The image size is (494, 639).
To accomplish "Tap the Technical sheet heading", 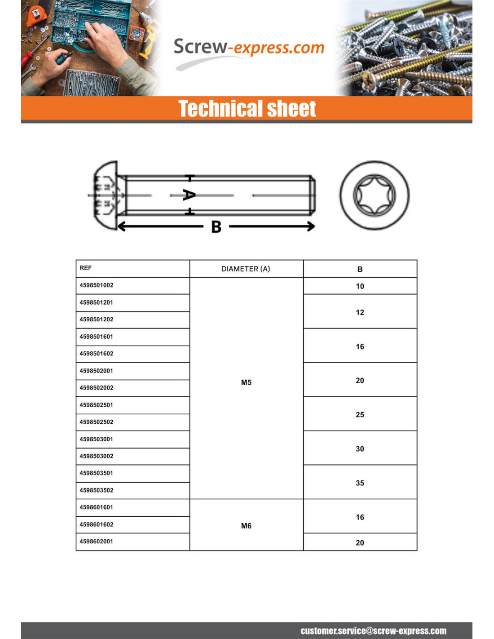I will pyautogui.click(x=247, y=109).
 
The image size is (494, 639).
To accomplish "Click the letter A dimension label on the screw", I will pyautogui.click(x=189, y=195).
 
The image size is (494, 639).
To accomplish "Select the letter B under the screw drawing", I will pyautogui.click(x=216, y=227).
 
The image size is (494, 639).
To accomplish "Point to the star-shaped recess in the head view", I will pyautogui.click(x=374, y=195).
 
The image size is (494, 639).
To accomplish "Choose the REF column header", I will pyautogui.click(x=86, y=268).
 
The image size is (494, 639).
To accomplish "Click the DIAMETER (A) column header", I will pyautogui.click(x=246, y=269).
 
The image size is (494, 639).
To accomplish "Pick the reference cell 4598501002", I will pyautogui.click(x=97, y=285).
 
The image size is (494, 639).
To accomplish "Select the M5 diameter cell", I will pyautogui.click(x=246, y=382).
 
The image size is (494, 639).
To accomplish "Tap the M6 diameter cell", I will pyautogui.click(x=246, y=526).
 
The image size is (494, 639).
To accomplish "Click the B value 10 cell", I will pyautogui.click(x=360, y=286).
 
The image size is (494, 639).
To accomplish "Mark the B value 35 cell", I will pyautogui.click(x=360, y=483).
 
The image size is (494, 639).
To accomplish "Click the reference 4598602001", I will pyautogui.click(x=97, y=541).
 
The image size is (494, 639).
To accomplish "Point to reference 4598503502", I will pyautogui.click(x=97, y=490).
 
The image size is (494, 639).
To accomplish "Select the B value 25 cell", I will pyautogui.click(x=360, y=415).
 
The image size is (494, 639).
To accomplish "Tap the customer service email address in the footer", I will pyautogui.click(x=373, y=631).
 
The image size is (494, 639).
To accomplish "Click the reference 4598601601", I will pyautogui.click(x=97, y=507).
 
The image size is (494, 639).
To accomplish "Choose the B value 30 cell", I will pyautogui.click(x=360, y=449).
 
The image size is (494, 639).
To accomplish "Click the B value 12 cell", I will pyautogui.click(x=360, y=312).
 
